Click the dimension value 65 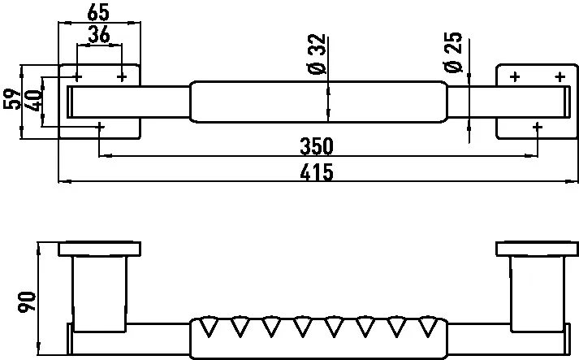point(98,12)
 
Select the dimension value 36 point(99,35)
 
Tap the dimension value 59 point(12,98)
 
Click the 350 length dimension point(317,146)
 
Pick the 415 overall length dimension point(317,171)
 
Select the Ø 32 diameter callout point(317,54)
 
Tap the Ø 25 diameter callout point(453,52)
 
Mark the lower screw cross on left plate point(99,127)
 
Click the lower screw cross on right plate point(538,127)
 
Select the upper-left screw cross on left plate point(77,77)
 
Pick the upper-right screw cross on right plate point(560,77)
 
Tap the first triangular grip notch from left point(209,326)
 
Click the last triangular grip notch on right point(428,326)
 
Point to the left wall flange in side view point(99,249)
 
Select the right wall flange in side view point(538,249)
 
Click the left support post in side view point(100,294)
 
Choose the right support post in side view point(538,294)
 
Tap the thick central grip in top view point(318,102)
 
